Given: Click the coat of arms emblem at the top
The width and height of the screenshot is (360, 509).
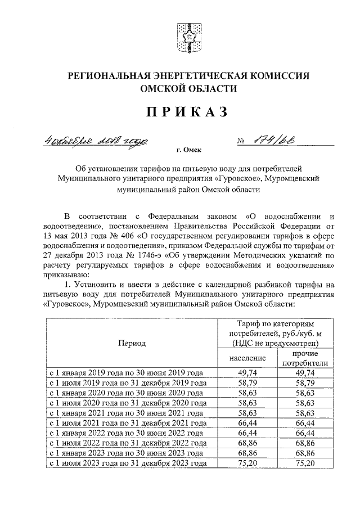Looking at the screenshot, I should [x=188, y=38].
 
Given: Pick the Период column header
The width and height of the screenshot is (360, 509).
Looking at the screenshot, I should [x=131, y=343].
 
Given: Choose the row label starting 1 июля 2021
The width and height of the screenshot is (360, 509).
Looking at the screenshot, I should [x=127, y=423].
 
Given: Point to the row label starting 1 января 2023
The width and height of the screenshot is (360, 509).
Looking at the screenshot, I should [x=127, y=453].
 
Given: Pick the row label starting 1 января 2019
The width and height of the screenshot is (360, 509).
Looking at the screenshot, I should [x=127, y=372].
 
